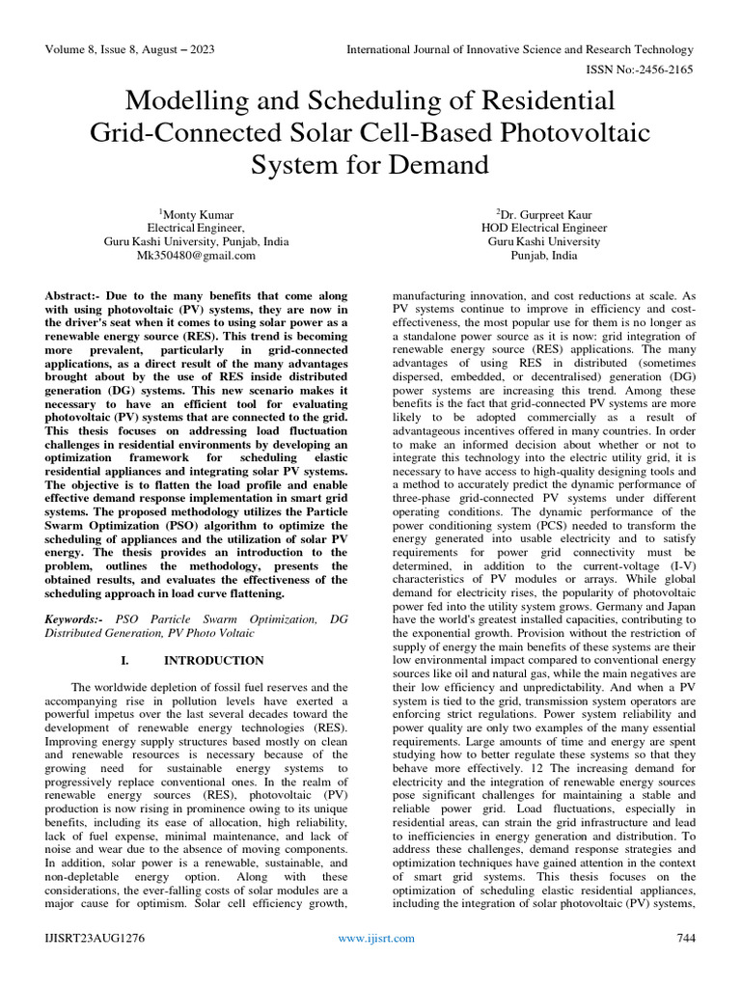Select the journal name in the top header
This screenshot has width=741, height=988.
(x=520, y=49)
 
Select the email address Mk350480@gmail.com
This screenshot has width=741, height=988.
(x=195, y=256)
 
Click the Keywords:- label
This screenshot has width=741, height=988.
(x=75, y=617)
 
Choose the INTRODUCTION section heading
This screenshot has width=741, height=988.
(x=213, y=661)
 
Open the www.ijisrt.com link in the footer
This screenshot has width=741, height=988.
(x=376, y=938)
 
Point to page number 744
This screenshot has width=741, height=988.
(x=683, y=938)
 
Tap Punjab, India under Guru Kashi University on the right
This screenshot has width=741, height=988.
(x=544, y=256)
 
